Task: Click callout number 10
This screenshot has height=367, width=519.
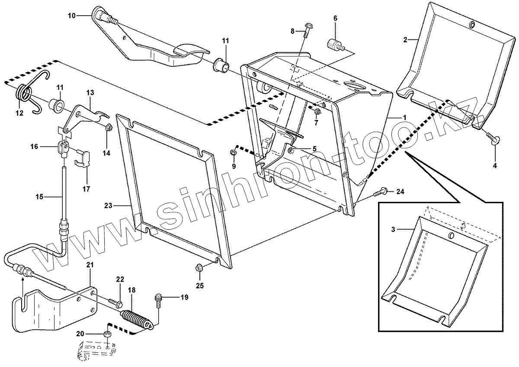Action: (71, 16)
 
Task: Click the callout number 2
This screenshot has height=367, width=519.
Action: (405, 40)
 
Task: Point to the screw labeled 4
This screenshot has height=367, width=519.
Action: (493, 138)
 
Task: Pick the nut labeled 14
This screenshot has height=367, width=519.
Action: (109, 128)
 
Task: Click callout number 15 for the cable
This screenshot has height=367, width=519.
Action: (39, 197)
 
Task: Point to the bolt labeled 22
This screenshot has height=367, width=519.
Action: (113, 300)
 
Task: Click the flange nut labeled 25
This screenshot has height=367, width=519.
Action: (199, 268)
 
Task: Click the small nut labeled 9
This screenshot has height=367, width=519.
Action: (234, 152)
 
